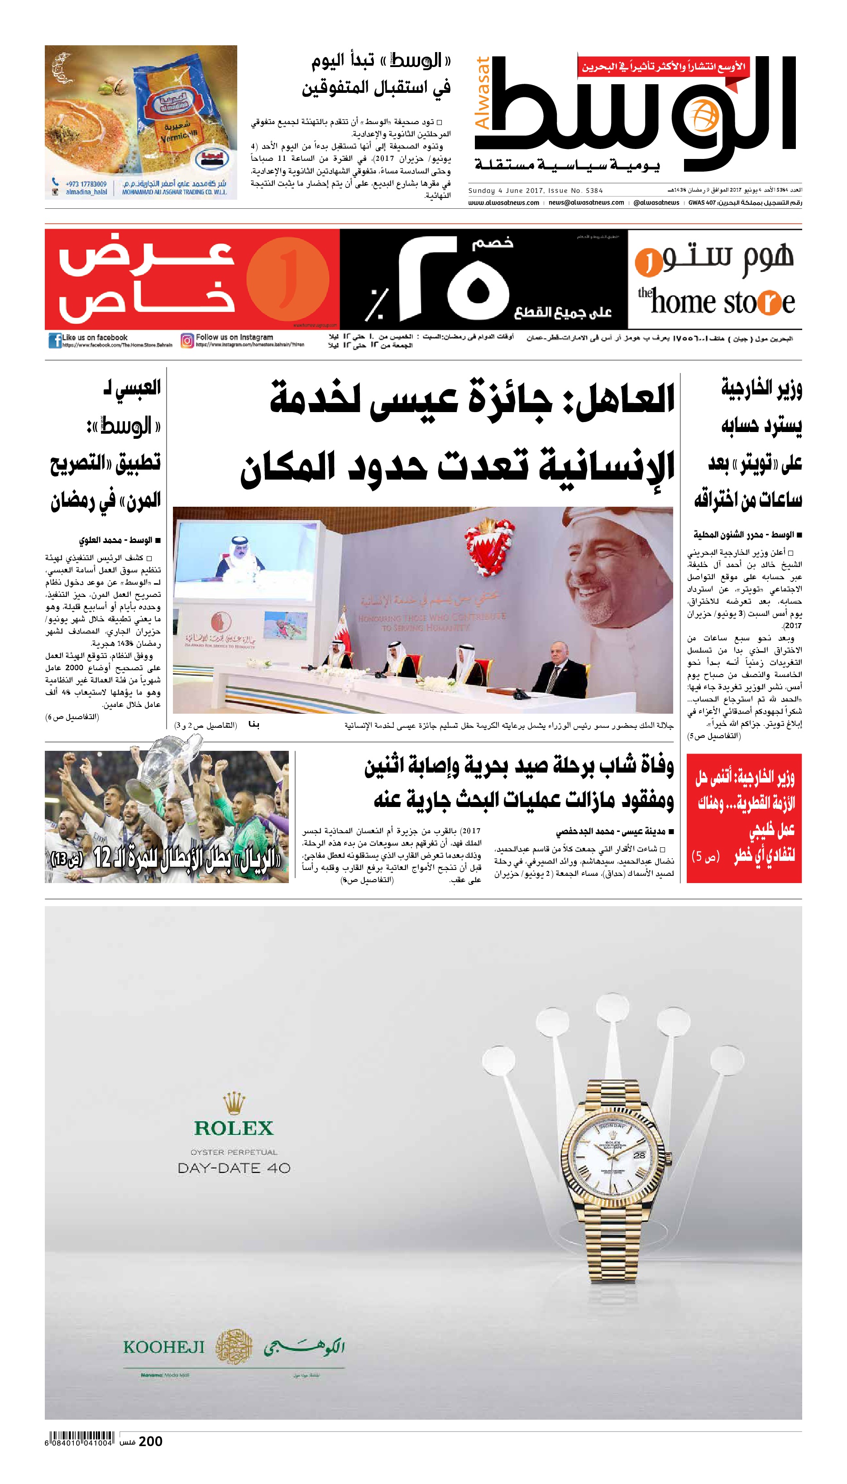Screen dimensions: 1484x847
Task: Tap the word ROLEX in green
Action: (233, 1128)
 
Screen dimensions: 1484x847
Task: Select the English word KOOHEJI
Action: (164, 1347)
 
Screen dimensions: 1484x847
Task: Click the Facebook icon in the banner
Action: (55, 340)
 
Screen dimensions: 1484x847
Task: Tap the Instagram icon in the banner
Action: (187, 340)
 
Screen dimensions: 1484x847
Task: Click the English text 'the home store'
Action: (716, 301)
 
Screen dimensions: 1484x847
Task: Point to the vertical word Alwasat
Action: (483, 93)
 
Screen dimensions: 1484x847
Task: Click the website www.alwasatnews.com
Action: (503, 202)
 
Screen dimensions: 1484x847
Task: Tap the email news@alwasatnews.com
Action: (586, 202)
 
